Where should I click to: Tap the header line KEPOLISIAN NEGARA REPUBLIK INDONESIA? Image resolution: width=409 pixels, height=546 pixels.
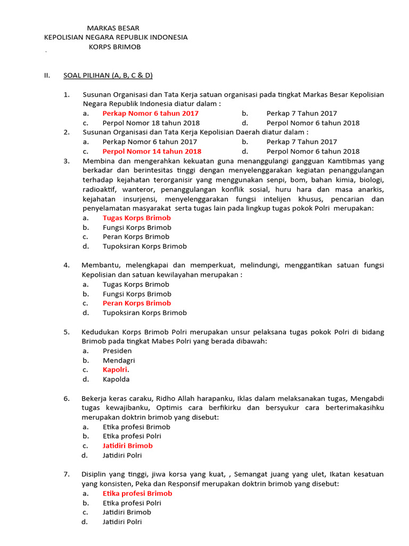pyautogui.click(x=116, y=37)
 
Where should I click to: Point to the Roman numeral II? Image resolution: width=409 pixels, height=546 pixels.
pyautogui.click(x=46, y=75)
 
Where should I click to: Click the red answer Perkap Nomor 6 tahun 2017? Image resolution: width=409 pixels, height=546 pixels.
pyautogui.click(x=150, y=113)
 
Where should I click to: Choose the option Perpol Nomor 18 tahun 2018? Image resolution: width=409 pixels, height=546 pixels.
pyautogui.click(x=151, y=123)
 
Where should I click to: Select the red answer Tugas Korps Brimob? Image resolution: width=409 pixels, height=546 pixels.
pyautogui.click(x=136, y=218)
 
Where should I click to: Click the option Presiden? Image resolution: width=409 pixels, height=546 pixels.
pyautogui.click(x=117, y=351)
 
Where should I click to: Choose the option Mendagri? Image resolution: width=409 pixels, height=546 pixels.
pyautogui.click(x=119, y=360)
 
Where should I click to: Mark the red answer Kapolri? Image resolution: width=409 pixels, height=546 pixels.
pyautogui.click(x=116, y=370)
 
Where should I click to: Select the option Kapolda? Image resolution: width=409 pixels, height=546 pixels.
pyautogui.click(x=116, y=379)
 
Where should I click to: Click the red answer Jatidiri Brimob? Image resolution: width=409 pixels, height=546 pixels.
pyautogui.click(x=127, y=446)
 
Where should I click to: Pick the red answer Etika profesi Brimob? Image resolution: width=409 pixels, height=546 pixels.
pyautogui.click(x=137, y=493)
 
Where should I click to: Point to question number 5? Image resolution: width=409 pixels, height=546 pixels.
pyautogui.click(x=66, y=332)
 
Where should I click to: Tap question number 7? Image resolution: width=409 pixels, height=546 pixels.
pyautogui.click(x=66, y=474)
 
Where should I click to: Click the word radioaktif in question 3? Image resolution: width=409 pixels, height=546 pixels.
pyautogui.click(x=100, y=189)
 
